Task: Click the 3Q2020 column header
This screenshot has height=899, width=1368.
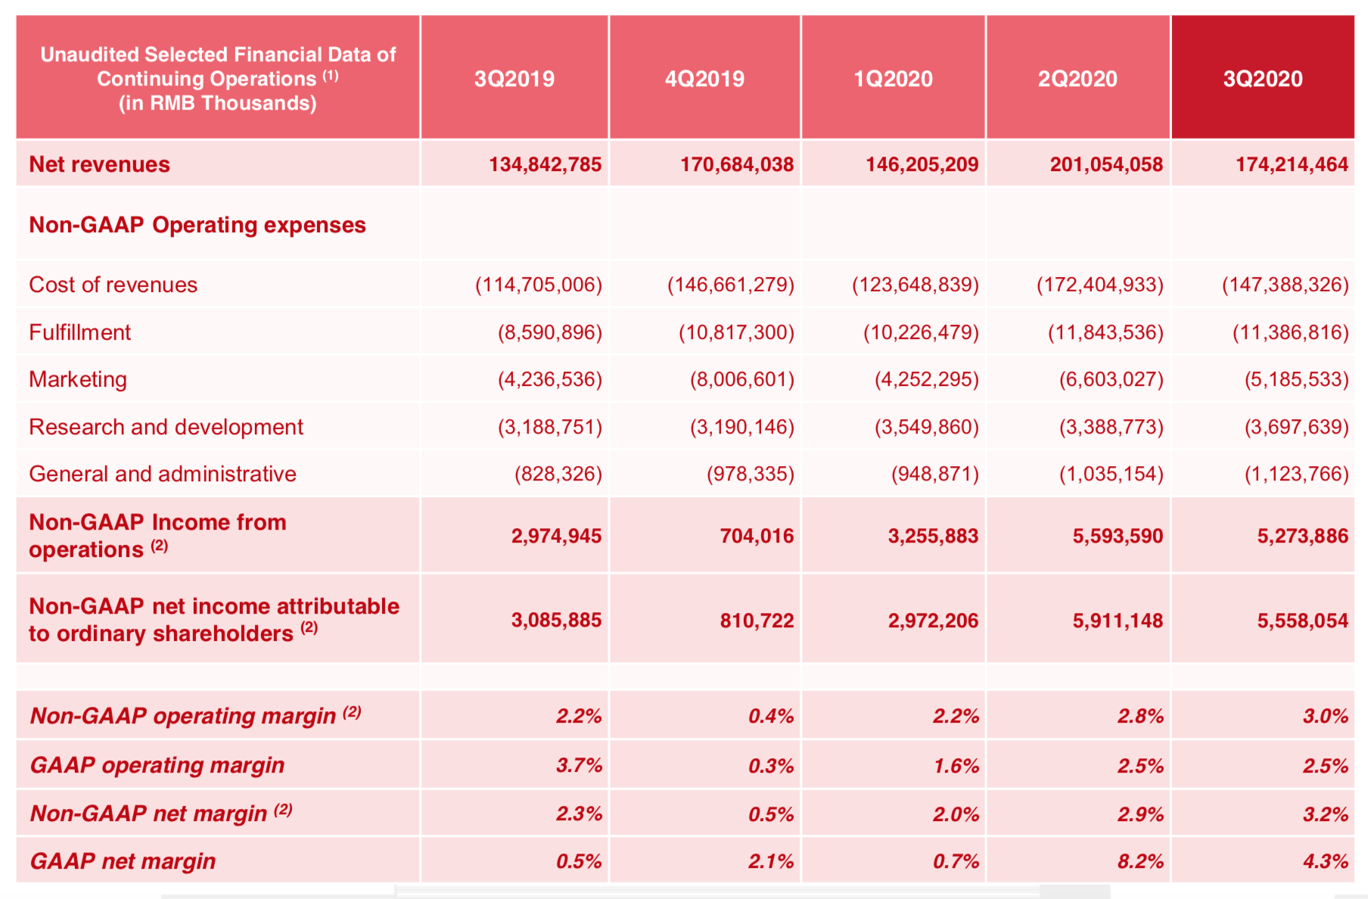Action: [1262, 79]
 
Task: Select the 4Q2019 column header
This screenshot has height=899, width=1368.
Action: [704, 79]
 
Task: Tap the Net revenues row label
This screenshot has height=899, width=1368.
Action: [99, 164]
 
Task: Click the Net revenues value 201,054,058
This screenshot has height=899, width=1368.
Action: [1105, 164]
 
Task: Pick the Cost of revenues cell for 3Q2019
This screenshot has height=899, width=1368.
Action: [538, 285]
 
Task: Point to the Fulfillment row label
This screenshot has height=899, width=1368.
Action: [79, 332]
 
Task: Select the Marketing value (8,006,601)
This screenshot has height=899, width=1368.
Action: [742, 379]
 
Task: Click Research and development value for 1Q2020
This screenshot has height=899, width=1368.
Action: [926, 427]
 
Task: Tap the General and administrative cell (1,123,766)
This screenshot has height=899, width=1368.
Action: [1296, 474]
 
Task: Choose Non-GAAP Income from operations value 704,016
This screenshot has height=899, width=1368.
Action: [756, 536]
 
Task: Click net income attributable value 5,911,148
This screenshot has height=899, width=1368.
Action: [1117, 621]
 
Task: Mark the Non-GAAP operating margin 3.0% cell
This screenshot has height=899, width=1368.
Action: [1325, 716]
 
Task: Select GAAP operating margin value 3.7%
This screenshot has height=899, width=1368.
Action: [579, 765]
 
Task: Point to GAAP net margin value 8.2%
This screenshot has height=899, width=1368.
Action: [1140, 861]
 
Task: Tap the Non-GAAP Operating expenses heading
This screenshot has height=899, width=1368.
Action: [197, 225]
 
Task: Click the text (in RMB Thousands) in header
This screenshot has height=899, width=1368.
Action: [217, 103]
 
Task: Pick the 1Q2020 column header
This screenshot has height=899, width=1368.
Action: [893, 79]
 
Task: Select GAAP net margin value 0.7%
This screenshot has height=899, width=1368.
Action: [956, 861]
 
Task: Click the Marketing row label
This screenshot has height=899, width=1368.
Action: [77, 379]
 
